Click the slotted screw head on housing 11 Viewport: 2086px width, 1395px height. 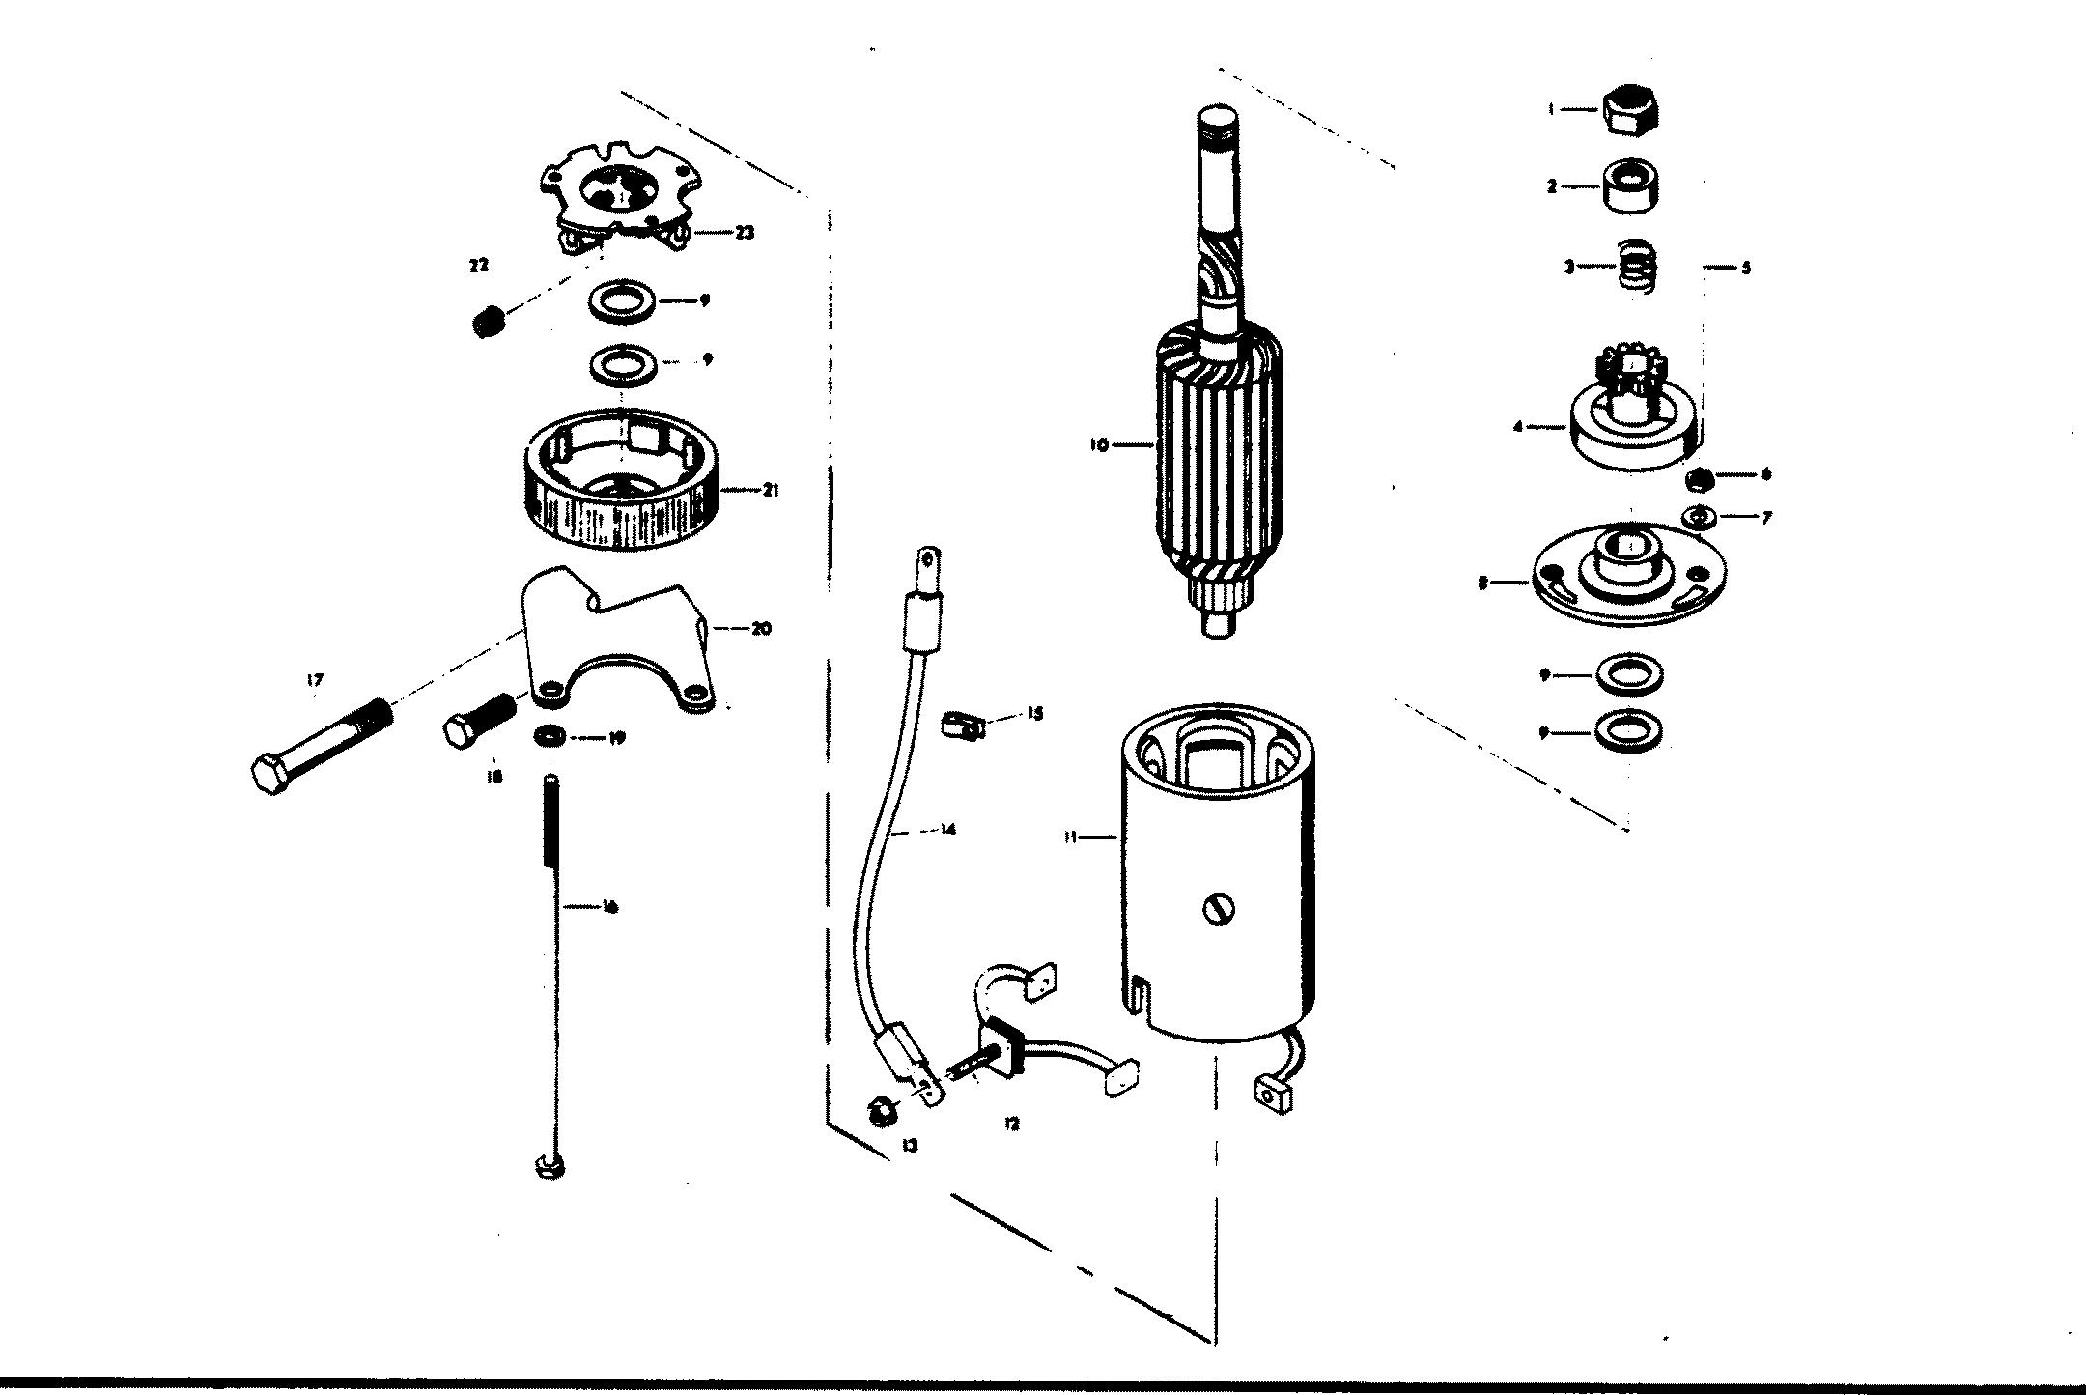(x=1217, y=908)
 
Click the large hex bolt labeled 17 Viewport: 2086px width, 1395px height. (x=319, y=750)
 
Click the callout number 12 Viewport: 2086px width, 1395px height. (x=1011, y=1125)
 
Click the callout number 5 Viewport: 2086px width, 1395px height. (x=1745, y=268)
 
